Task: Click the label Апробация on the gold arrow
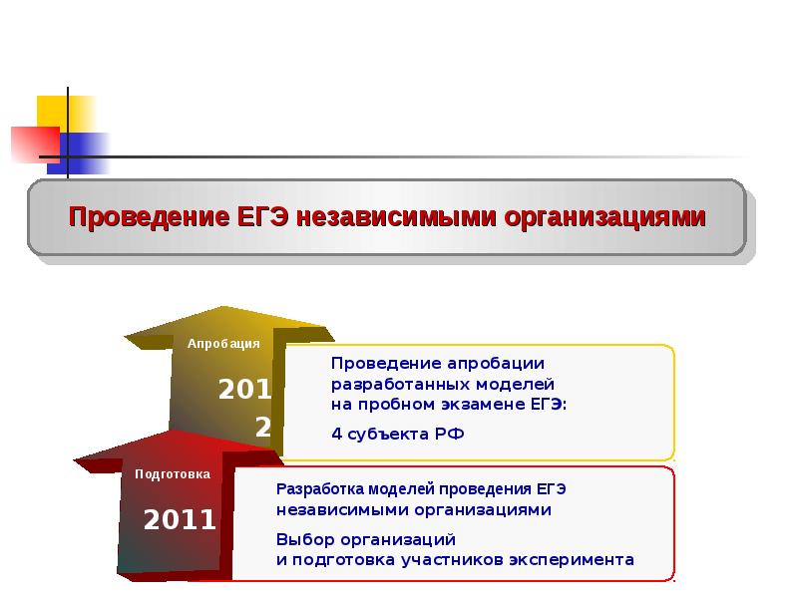(x=223, y=343)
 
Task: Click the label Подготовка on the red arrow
(x=173, y=473)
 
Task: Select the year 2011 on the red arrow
(x=180, y=519)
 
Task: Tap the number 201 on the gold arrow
(x=245, y=390)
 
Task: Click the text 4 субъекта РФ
(x=398, y=434)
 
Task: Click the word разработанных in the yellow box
(x=397, y=384)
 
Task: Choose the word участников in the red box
(x=454, y=559)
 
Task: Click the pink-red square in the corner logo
(x=30, y=144)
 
